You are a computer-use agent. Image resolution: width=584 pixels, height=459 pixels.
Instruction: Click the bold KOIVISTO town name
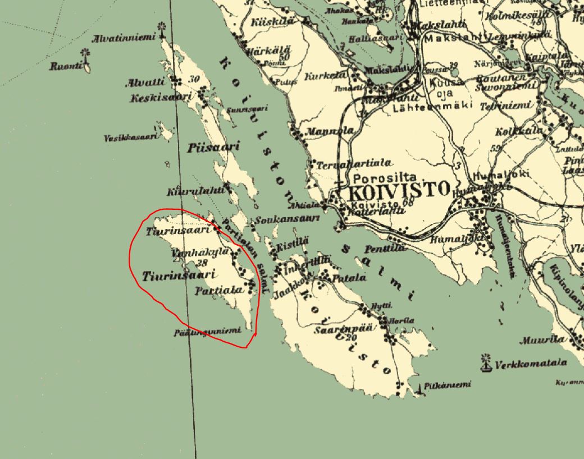399,190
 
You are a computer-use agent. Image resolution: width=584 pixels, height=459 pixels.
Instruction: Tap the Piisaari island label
213,147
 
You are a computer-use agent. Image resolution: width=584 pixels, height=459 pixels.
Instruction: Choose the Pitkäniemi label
448,385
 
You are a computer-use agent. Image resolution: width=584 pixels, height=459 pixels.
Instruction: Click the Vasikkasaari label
131,137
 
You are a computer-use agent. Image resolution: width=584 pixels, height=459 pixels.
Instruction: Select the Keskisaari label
153,99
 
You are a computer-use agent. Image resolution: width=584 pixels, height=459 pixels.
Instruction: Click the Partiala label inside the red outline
219,290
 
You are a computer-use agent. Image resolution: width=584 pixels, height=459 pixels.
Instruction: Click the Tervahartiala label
354,164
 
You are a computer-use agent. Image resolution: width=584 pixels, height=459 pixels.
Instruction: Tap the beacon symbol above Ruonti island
85,54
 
